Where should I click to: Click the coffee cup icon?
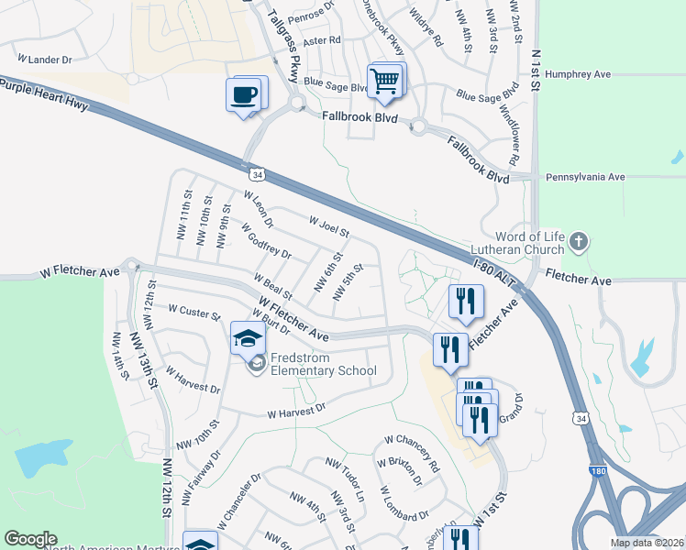(243, 95)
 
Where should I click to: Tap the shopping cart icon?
(384, 82)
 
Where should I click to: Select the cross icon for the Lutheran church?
(578, 242)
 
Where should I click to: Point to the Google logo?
(30, 539)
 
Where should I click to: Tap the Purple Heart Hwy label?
(44, 95)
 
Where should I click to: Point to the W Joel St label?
(329, 226)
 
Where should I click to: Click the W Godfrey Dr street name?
(266, 241)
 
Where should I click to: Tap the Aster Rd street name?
(327, 40)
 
